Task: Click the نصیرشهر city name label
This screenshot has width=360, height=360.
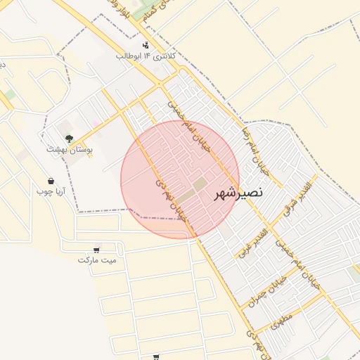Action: (x=239, y=191)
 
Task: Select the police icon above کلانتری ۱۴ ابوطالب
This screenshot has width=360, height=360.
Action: (x=146, y=45)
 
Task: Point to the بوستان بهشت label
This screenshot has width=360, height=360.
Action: (x=69, y=149)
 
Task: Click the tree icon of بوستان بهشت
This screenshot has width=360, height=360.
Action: (x=69, y=139)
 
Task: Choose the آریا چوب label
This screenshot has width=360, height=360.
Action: (x=51, y=191)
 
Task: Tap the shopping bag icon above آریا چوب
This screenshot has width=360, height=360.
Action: (x=51, y=181)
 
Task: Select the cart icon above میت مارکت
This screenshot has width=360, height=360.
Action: (x=96, y=250)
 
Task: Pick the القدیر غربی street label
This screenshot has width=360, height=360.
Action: (x=255, y=240)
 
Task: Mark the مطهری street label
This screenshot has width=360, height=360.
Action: (x=281, y=321)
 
